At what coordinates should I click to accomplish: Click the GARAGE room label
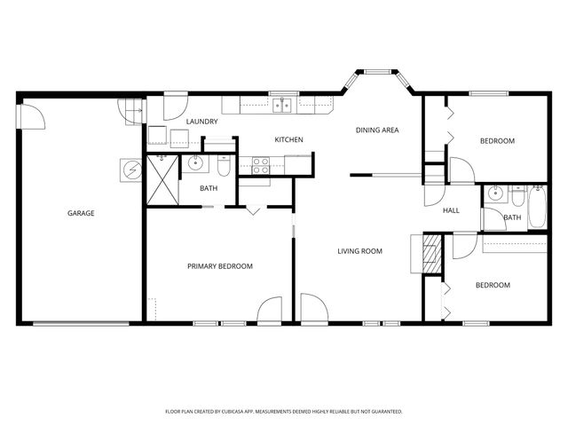point(80,213)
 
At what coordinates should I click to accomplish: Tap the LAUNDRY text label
point(201,122)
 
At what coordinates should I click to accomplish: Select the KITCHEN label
point(289,140)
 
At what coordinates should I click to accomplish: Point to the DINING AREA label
point(377,130)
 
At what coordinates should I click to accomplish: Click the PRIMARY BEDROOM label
point(219,266)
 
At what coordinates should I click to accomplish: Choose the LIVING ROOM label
point(359,251)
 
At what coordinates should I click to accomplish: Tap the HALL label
point(451,211)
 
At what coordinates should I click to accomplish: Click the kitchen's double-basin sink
point(283,106)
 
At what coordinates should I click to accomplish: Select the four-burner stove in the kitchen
point(262,164)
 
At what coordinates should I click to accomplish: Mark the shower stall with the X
point(162,178)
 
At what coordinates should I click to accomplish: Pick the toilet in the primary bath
point(224,165)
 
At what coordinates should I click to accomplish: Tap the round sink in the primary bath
point(195,162)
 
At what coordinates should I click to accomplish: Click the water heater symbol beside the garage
point(130,169)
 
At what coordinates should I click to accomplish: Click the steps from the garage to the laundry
point(133,109)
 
